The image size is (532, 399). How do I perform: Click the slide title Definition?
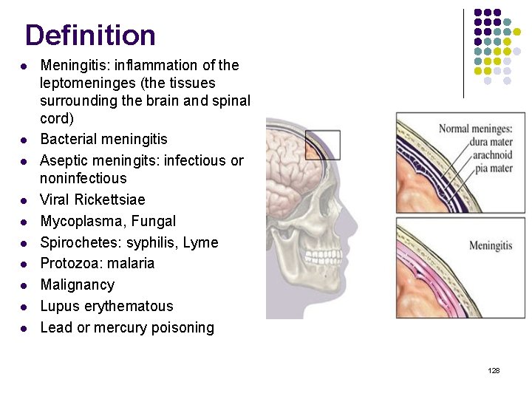pyautogui.click(x=90, y=35)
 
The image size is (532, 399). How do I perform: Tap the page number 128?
pyautogui.click(x=494, y=370)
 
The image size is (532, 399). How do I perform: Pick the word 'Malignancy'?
pyautogui.click(x=78, y=284)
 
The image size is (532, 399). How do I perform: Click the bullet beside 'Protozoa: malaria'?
pyautogui.click(x=24, y=264)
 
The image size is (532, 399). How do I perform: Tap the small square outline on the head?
pyautogui.click(x=322, y=145)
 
